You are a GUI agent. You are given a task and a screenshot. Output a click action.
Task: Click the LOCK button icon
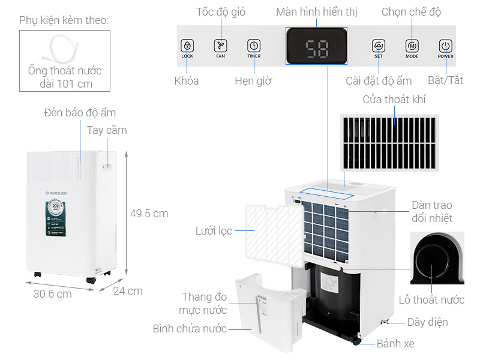187,46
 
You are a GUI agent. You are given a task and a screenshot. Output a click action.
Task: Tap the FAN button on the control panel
221,46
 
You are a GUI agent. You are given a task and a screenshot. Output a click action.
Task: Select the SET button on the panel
378,46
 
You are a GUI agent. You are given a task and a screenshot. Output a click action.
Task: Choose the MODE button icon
412,46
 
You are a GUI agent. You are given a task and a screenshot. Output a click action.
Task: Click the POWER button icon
445,46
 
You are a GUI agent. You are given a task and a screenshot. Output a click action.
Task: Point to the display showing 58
316,47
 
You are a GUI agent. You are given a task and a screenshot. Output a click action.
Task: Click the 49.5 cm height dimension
149,213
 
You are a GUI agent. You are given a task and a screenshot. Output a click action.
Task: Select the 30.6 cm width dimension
52,294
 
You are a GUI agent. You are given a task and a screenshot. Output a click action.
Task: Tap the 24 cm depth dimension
128,291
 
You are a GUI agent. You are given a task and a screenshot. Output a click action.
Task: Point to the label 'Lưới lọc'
214,231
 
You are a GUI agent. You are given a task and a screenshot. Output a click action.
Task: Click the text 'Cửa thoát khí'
394,100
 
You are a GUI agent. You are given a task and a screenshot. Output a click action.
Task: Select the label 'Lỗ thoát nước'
431,299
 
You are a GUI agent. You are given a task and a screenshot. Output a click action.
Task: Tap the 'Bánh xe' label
395,344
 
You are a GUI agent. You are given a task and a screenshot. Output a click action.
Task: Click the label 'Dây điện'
427,322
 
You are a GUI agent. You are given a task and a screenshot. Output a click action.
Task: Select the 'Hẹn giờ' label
253,81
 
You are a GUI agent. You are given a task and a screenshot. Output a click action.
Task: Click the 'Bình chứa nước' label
190,328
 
